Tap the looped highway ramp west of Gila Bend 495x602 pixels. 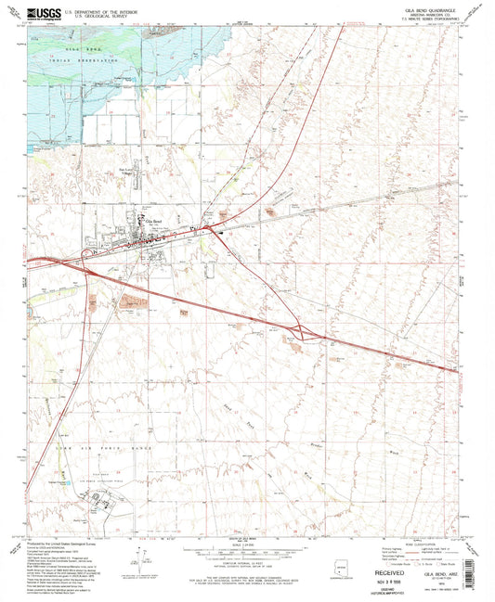[86, 252]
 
